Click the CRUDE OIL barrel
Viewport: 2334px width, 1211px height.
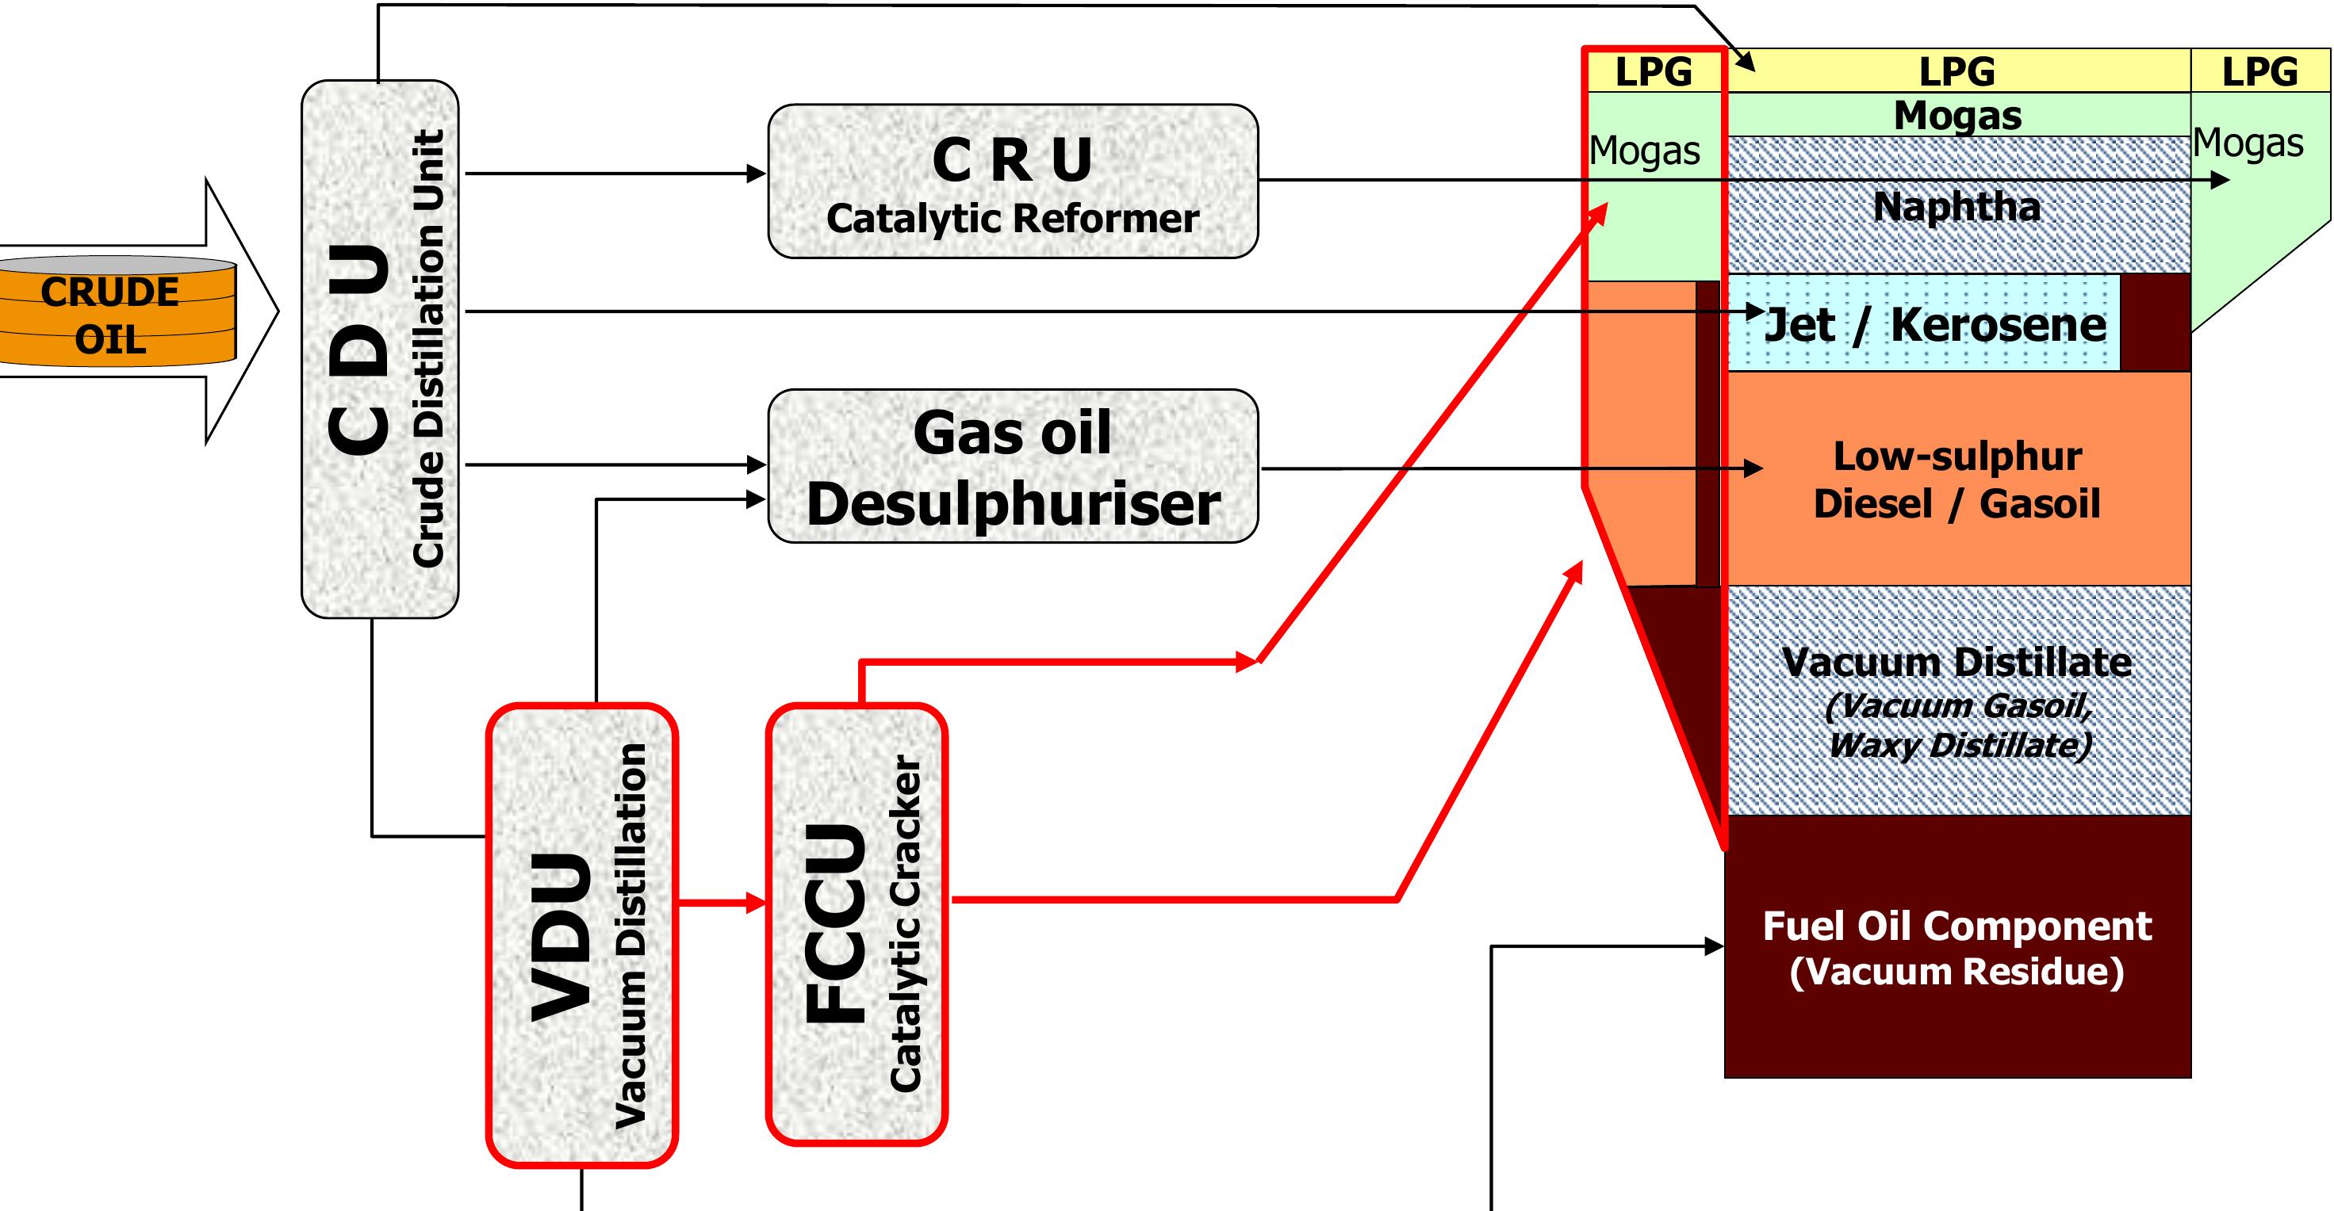[x=113, y=312]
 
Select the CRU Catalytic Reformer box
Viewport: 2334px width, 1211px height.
[x=1012, y=181]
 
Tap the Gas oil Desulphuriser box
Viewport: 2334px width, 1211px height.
[x=1012, y=467]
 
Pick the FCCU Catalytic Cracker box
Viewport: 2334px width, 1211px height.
[x=857, y=924]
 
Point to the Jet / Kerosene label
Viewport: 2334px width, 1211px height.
[x=1934, y=324]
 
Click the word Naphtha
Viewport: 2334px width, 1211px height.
[x=1956, y=207]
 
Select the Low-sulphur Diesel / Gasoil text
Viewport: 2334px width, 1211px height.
[x=1956, y=480]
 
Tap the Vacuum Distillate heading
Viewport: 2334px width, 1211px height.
[x=1956, y=662]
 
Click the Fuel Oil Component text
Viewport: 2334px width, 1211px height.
[x=1956, y=926]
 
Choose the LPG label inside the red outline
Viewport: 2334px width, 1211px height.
[x=1654, y=71]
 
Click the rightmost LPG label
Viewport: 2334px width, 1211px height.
[x=2259, y=71]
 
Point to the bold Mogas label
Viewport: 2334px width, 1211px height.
[x=1957, y=116]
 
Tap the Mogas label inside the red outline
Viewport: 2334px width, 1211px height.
[x=1645, y=151]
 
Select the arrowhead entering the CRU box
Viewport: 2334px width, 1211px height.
[x=757, y=173]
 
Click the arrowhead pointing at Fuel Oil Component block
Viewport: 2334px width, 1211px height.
[x=1715, y=946]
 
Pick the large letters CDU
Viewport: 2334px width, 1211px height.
[x=360, y=349]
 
